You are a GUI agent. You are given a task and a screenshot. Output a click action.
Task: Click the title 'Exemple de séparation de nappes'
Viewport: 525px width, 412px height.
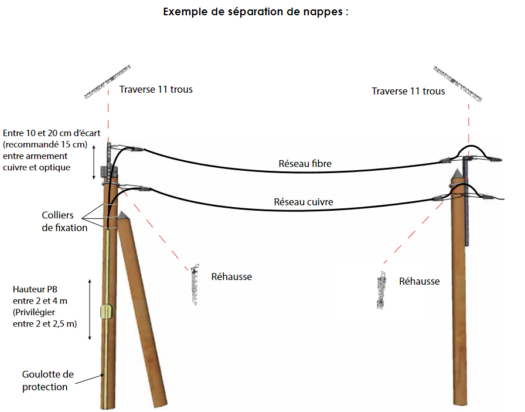(x=256, y=11)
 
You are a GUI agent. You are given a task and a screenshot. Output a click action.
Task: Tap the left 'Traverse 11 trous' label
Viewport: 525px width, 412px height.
(x=156, y=89)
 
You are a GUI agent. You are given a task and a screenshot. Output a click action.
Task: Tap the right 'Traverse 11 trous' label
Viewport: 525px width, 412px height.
(x=408, y=91)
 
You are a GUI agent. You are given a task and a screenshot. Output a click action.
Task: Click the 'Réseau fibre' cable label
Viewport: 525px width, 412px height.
(x=305, y=164)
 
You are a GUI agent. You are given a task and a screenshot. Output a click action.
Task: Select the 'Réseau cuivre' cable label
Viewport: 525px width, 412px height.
(x=304, y=202)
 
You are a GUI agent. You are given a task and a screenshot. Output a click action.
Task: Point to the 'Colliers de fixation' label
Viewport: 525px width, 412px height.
(x=64, y=221)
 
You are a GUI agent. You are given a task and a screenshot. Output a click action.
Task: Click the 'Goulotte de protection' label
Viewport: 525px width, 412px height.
(x=48, y=380)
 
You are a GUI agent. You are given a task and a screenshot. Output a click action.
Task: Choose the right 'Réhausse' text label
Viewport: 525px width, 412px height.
(x=419, y=281)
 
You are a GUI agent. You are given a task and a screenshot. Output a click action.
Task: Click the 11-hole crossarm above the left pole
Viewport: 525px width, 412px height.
(x=110, y=81)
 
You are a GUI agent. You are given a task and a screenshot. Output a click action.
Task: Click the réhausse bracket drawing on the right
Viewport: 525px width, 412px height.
(x=381, y=290)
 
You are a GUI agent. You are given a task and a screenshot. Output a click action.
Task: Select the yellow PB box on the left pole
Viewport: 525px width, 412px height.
(x=106, y=312)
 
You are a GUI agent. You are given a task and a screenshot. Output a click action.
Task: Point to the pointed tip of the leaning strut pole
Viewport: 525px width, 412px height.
(x=122, y=215)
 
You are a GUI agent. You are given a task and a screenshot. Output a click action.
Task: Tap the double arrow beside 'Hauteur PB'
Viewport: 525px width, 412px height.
(x=89, y=310)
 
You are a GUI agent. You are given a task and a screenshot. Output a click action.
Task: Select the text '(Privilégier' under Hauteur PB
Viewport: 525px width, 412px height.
(x=35, y=312)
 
